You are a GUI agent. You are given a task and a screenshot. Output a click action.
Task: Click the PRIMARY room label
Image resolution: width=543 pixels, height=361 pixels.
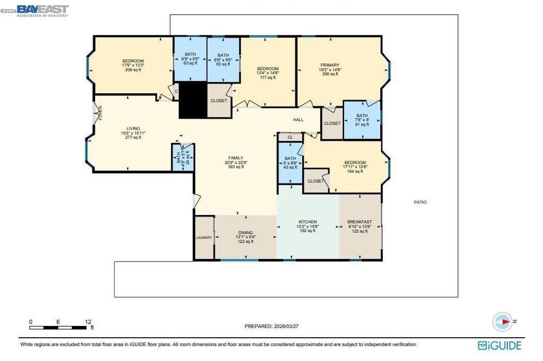329,65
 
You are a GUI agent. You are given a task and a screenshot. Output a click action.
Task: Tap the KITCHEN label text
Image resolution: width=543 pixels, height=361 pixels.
308,222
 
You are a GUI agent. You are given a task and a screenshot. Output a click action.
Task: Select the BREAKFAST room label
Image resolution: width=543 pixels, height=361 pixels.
360,222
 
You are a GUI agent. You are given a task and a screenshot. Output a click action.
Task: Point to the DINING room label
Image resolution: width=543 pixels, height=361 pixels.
245,232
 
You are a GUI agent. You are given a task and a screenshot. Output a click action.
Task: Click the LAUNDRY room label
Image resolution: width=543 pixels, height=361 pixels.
204,238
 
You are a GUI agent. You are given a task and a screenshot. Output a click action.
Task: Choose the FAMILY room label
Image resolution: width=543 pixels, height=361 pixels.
235,158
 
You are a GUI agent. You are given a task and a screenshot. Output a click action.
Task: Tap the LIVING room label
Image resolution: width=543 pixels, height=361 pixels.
133,129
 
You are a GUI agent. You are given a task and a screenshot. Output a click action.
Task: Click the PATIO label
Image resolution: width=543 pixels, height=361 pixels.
420,202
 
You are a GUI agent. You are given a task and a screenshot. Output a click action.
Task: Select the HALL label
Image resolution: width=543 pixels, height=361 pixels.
299,120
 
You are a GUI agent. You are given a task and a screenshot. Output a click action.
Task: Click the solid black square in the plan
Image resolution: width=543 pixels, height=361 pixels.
191,100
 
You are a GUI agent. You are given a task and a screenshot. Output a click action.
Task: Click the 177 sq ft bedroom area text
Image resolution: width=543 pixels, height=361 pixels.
268,77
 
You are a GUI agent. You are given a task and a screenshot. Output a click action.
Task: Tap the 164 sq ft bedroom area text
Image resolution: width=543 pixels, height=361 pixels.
355,171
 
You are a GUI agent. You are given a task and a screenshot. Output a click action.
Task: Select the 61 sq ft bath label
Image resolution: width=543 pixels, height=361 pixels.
362,125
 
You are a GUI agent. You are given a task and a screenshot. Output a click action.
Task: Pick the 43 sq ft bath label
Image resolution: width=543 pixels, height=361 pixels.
290,167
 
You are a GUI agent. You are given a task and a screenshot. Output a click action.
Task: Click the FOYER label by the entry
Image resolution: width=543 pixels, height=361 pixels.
99,113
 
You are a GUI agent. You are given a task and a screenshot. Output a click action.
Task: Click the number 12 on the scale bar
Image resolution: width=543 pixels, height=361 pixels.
88,322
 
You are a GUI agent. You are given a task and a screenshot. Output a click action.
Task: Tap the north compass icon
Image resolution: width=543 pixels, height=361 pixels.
502,321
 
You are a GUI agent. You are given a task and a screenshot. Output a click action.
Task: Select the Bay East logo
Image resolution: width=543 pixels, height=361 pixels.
42,11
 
